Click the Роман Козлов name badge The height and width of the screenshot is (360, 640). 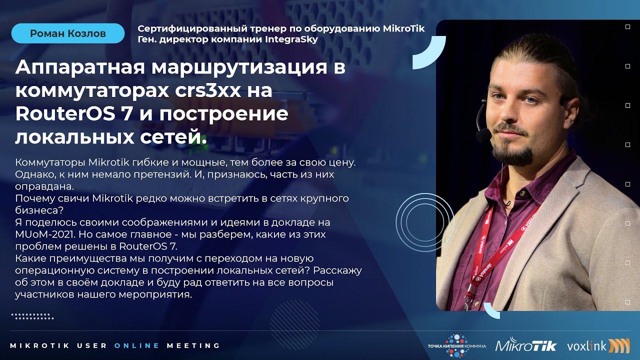tap(68, 33)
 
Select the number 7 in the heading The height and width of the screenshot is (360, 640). tap(134, 114)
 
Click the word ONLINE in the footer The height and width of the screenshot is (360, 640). tap(137, 345)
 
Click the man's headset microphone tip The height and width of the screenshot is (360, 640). tap(483, 135)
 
